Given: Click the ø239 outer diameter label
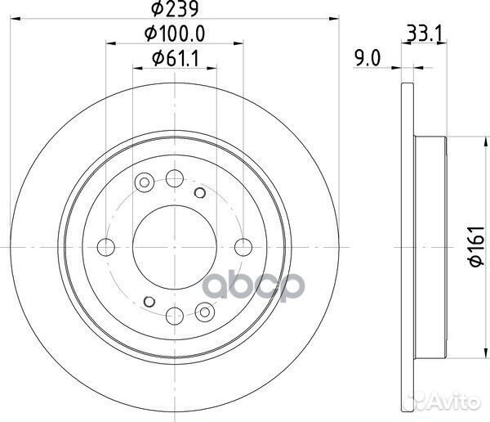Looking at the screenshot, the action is tap(175, 8).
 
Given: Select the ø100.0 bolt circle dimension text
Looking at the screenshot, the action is tap(175, 34).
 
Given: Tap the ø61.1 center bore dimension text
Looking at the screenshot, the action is tap(176, 59).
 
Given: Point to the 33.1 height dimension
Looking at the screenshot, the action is tap(425, 34).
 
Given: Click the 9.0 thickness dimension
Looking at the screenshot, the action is tap(367, 58).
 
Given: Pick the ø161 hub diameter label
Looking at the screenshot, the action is tap(477, 247).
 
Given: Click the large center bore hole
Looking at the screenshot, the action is tap(175, 247).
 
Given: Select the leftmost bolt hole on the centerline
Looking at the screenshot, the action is tap(106, 247).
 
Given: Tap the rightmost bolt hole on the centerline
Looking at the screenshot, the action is tap(243, 247).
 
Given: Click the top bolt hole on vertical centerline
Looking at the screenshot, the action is tap(175, 178).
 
